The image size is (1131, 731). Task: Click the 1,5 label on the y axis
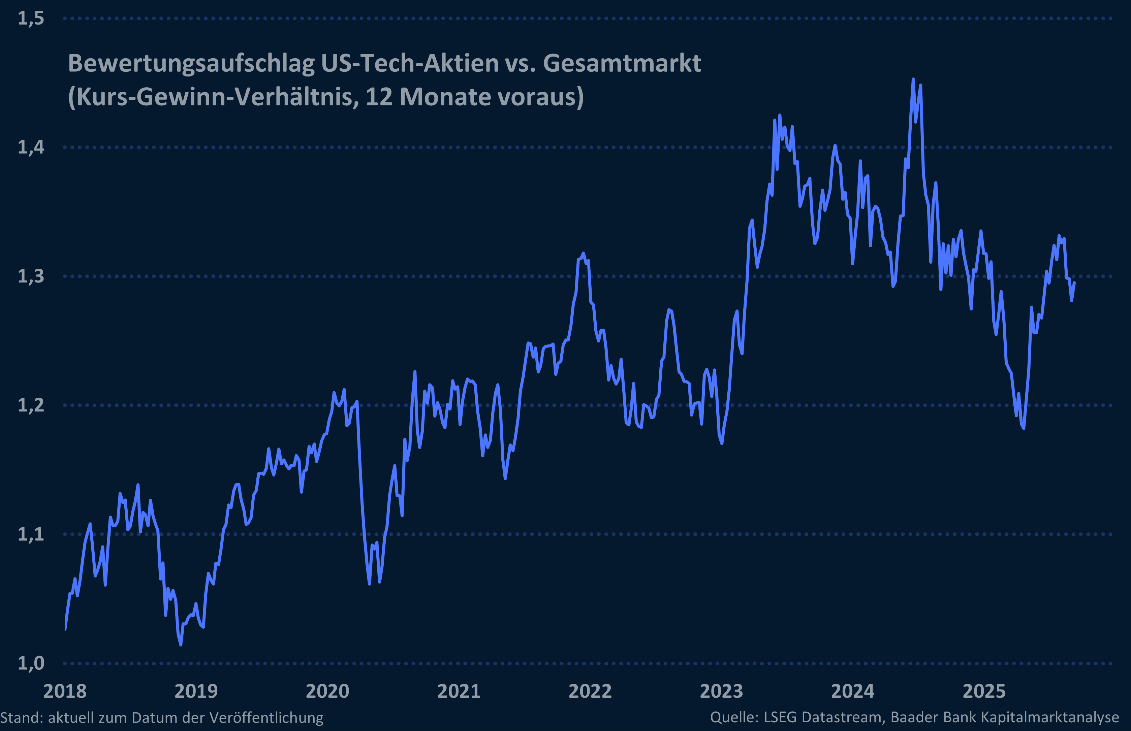pos(31,19)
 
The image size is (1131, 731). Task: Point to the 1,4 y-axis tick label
pos(31,147)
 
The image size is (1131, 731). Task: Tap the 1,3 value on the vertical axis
pos(31,276)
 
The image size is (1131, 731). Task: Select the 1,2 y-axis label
pos(31,405)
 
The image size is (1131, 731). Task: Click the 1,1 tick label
pos(31,534)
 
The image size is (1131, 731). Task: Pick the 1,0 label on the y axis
pos(31,663)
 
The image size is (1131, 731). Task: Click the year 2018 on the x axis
pos(65,691)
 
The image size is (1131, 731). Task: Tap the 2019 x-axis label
pos(196,691)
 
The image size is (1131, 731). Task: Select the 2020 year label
pos(327,691)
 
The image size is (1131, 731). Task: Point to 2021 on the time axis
pos(459,691)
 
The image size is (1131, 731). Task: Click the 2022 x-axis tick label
pos(590,691)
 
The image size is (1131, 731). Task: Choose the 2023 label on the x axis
pos(721,691)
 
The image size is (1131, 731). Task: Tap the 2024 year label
pos(853,691)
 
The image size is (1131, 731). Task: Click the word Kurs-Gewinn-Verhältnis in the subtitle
pos(214,97)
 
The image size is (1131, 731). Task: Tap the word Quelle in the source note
pos(733,717)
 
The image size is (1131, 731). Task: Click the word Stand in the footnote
pos(21,717)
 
